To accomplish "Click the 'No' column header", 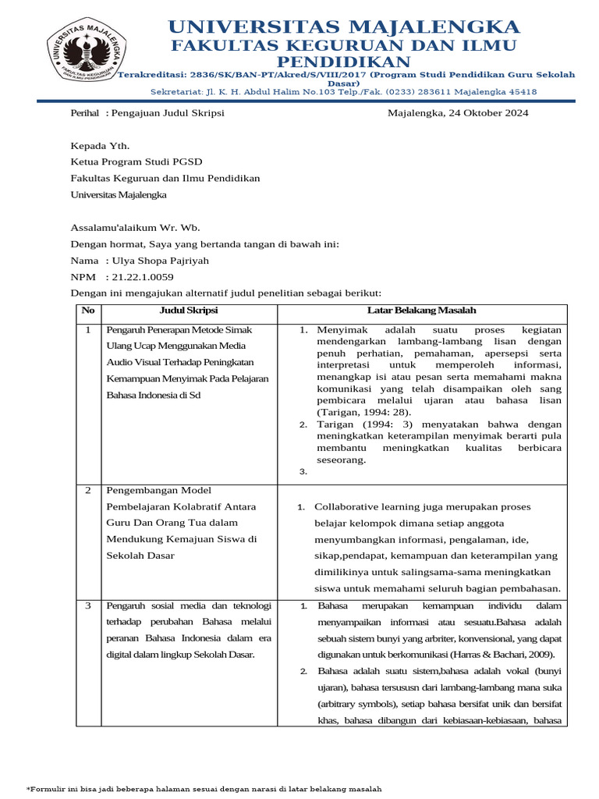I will click(87, 311).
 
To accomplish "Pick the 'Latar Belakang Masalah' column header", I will click(421, 311).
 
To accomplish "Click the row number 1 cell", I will click(87, 330).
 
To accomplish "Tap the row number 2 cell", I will click(88, 490).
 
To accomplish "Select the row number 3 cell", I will click(88, 605).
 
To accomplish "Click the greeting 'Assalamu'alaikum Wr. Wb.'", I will click(136, 228).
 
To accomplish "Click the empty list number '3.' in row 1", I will click(303, 472).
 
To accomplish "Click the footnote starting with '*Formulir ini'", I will click(204, 788).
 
